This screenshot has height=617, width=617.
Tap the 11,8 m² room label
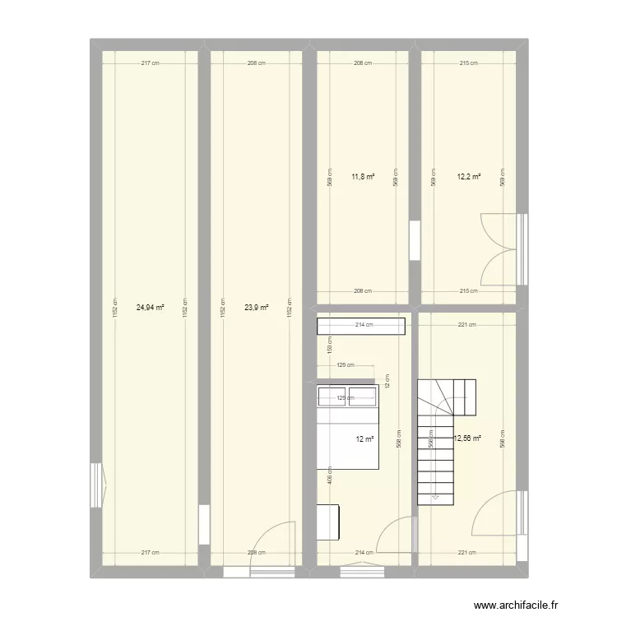point(363,175)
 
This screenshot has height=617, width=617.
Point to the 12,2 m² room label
point(469,175)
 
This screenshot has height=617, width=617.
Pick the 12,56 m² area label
point(466,438)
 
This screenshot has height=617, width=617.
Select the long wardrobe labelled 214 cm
point(361,327)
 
